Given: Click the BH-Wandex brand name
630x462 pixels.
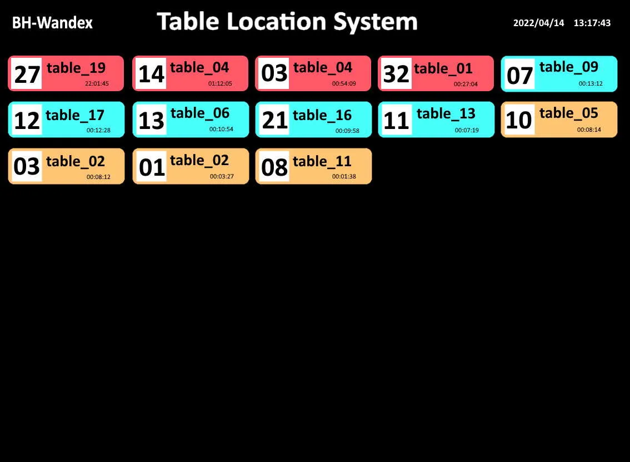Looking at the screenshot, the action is point(52,23).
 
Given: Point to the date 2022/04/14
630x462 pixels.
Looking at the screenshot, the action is point(538,23).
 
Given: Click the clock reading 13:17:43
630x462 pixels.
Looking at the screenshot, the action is point(592,23).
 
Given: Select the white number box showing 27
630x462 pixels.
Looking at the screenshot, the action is point(27,73).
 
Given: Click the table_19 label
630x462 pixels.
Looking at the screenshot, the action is point(76,68).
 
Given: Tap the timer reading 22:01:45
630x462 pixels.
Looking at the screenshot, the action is point(97,83).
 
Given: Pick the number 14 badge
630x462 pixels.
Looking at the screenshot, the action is point(151,73).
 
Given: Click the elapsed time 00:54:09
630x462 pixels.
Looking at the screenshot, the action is point(344,83).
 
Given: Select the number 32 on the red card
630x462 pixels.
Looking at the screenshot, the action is point(396,73).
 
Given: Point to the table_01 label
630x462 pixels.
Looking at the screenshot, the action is point(443,69).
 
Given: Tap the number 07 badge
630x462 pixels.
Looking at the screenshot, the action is point(519,74).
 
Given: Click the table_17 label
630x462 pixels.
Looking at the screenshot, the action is point(75,116).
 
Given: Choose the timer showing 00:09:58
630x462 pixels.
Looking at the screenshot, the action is point(348,131).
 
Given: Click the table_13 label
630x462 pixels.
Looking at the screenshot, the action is point(446,114).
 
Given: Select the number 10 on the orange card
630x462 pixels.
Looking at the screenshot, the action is point(519,120).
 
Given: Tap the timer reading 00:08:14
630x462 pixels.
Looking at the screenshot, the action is point(589,130).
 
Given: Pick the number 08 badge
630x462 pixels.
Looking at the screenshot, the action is point(274,166).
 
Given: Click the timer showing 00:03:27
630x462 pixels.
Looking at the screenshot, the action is point(222,176).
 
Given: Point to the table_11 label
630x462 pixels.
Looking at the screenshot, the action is point(322,162).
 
